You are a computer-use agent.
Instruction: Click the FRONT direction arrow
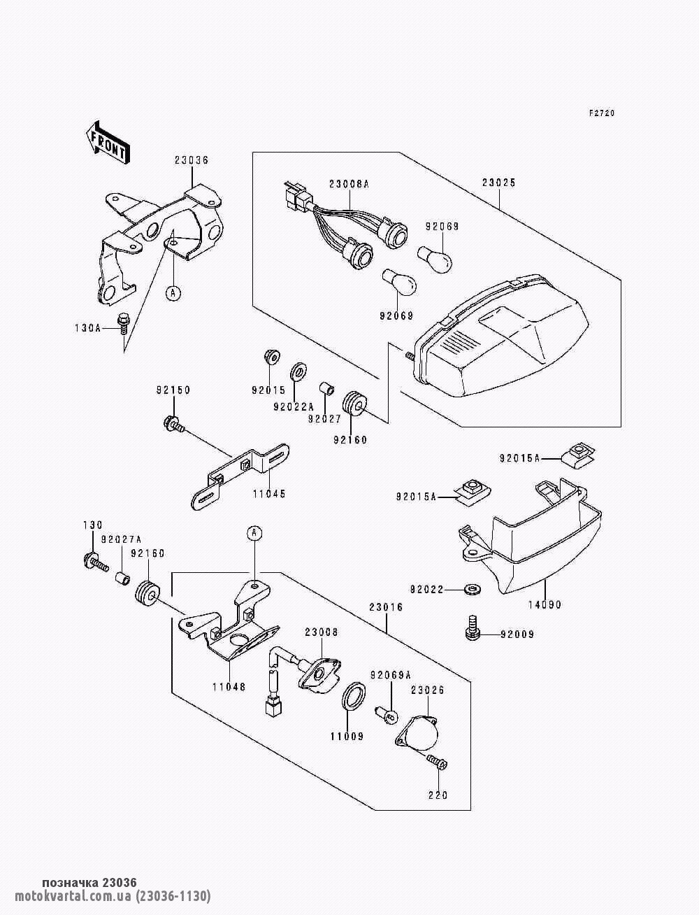tap(106, 142)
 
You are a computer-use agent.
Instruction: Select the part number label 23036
tap(192, 160)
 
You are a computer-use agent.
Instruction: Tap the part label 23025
tap(498, 183)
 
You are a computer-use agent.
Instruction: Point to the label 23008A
tap(349, 184)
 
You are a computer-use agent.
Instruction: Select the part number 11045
tap(269, 494)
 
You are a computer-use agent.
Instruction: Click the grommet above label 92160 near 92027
tap(356, 404)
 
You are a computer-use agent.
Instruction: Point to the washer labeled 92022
tap(473, 590)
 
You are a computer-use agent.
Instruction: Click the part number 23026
tap(427, 690)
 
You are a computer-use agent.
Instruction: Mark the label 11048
tap(229, 687)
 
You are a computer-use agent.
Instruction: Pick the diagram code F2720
tap(601, 113)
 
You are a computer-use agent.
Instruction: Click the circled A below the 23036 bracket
tap(172, 293)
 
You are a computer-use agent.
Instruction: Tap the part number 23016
tap(387, 608)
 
